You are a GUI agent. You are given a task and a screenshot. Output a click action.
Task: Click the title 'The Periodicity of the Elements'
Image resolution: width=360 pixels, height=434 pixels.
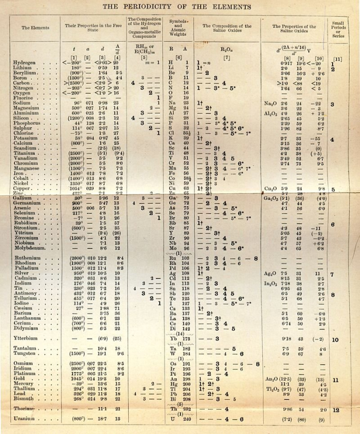[x=180, y=6]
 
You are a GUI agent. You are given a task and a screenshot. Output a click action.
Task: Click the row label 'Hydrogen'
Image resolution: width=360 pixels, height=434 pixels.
[x=24, y=63]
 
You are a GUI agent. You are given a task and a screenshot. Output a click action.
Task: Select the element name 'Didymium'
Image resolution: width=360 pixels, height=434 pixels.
[x=26, y=329]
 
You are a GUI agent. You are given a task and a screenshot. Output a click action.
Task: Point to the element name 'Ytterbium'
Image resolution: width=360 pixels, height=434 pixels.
[x=26, y=339]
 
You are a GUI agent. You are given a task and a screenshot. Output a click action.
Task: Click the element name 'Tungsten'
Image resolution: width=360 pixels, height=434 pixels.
[x=25, y=354]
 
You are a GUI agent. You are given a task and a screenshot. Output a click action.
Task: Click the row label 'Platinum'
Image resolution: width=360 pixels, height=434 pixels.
[x=25, y=374]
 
